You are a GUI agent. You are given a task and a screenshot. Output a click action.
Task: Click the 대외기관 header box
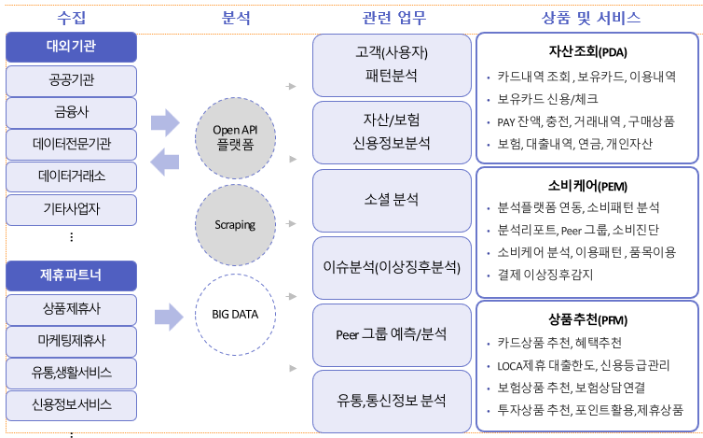[71, 47]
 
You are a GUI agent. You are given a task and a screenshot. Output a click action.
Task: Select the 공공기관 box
[71, 81]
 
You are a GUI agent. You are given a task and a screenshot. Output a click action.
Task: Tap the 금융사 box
[71, 113]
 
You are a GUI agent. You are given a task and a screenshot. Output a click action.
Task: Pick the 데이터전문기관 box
[71, 145]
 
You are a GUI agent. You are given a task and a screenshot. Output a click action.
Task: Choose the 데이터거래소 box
[71, 177]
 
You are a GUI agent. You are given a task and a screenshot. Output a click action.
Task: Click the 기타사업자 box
[71, 209]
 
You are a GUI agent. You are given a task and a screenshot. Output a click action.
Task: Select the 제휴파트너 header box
[71, 276]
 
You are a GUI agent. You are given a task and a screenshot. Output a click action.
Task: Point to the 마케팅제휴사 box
[71, 342]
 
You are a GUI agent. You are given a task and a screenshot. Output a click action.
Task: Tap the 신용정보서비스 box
[71, 405]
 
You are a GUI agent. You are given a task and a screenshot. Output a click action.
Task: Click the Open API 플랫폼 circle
[235, 138]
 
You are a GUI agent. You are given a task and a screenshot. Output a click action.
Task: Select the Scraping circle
[235, 225]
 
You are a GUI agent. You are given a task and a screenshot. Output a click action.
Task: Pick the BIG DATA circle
[235, 315]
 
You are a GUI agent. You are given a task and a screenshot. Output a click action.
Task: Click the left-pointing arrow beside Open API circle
[164, 162]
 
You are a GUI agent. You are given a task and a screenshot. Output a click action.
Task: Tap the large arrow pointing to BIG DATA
[169, 318]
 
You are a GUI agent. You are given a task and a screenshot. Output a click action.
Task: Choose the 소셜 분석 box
[392, 201]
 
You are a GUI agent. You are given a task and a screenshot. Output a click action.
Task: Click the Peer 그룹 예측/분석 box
[392, 335]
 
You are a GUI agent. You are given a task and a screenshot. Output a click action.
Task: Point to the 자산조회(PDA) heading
[587, 51]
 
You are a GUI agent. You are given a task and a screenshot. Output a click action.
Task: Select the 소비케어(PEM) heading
[587, 186]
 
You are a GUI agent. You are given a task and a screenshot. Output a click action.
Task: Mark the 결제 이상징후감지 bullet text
[545, 275]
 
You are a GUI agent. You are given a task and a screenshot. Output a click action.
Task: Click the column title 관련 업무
[394, 18]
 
